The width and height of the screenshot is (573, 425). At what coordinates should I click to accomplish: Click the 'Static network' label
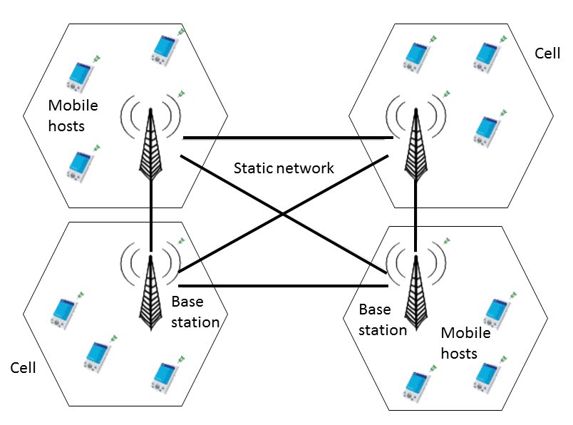point(284,169)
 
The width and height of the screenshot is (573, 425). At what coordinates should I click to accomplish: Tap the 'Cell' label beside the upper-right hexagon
point(547,53)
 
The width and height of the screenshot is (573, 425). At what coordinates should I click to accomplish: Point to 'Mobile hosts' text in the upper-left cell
point(73,116)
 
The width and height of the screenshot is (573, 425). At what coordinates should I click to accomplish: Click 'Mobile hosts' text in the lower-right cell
point(465,343)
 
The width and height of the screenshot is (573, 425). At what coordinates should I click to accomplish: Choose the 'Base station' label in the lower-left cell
point(195,312)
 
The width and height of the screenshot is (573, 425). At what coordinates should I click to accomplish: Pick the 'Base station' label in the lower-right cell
point(383,319)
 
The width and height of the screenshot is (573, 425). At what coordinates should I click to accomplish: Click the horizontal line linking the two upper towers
point(285,137)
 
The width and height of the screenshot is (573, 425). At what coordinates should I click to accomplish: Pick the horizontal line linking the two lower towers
point(285,286)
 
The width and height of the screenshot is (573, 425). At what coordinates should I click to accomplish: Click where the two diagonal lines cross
point(284,212)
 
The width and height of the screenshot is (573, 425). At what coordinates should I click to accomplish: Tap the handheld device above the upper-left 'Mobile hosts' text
point(82,74)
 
